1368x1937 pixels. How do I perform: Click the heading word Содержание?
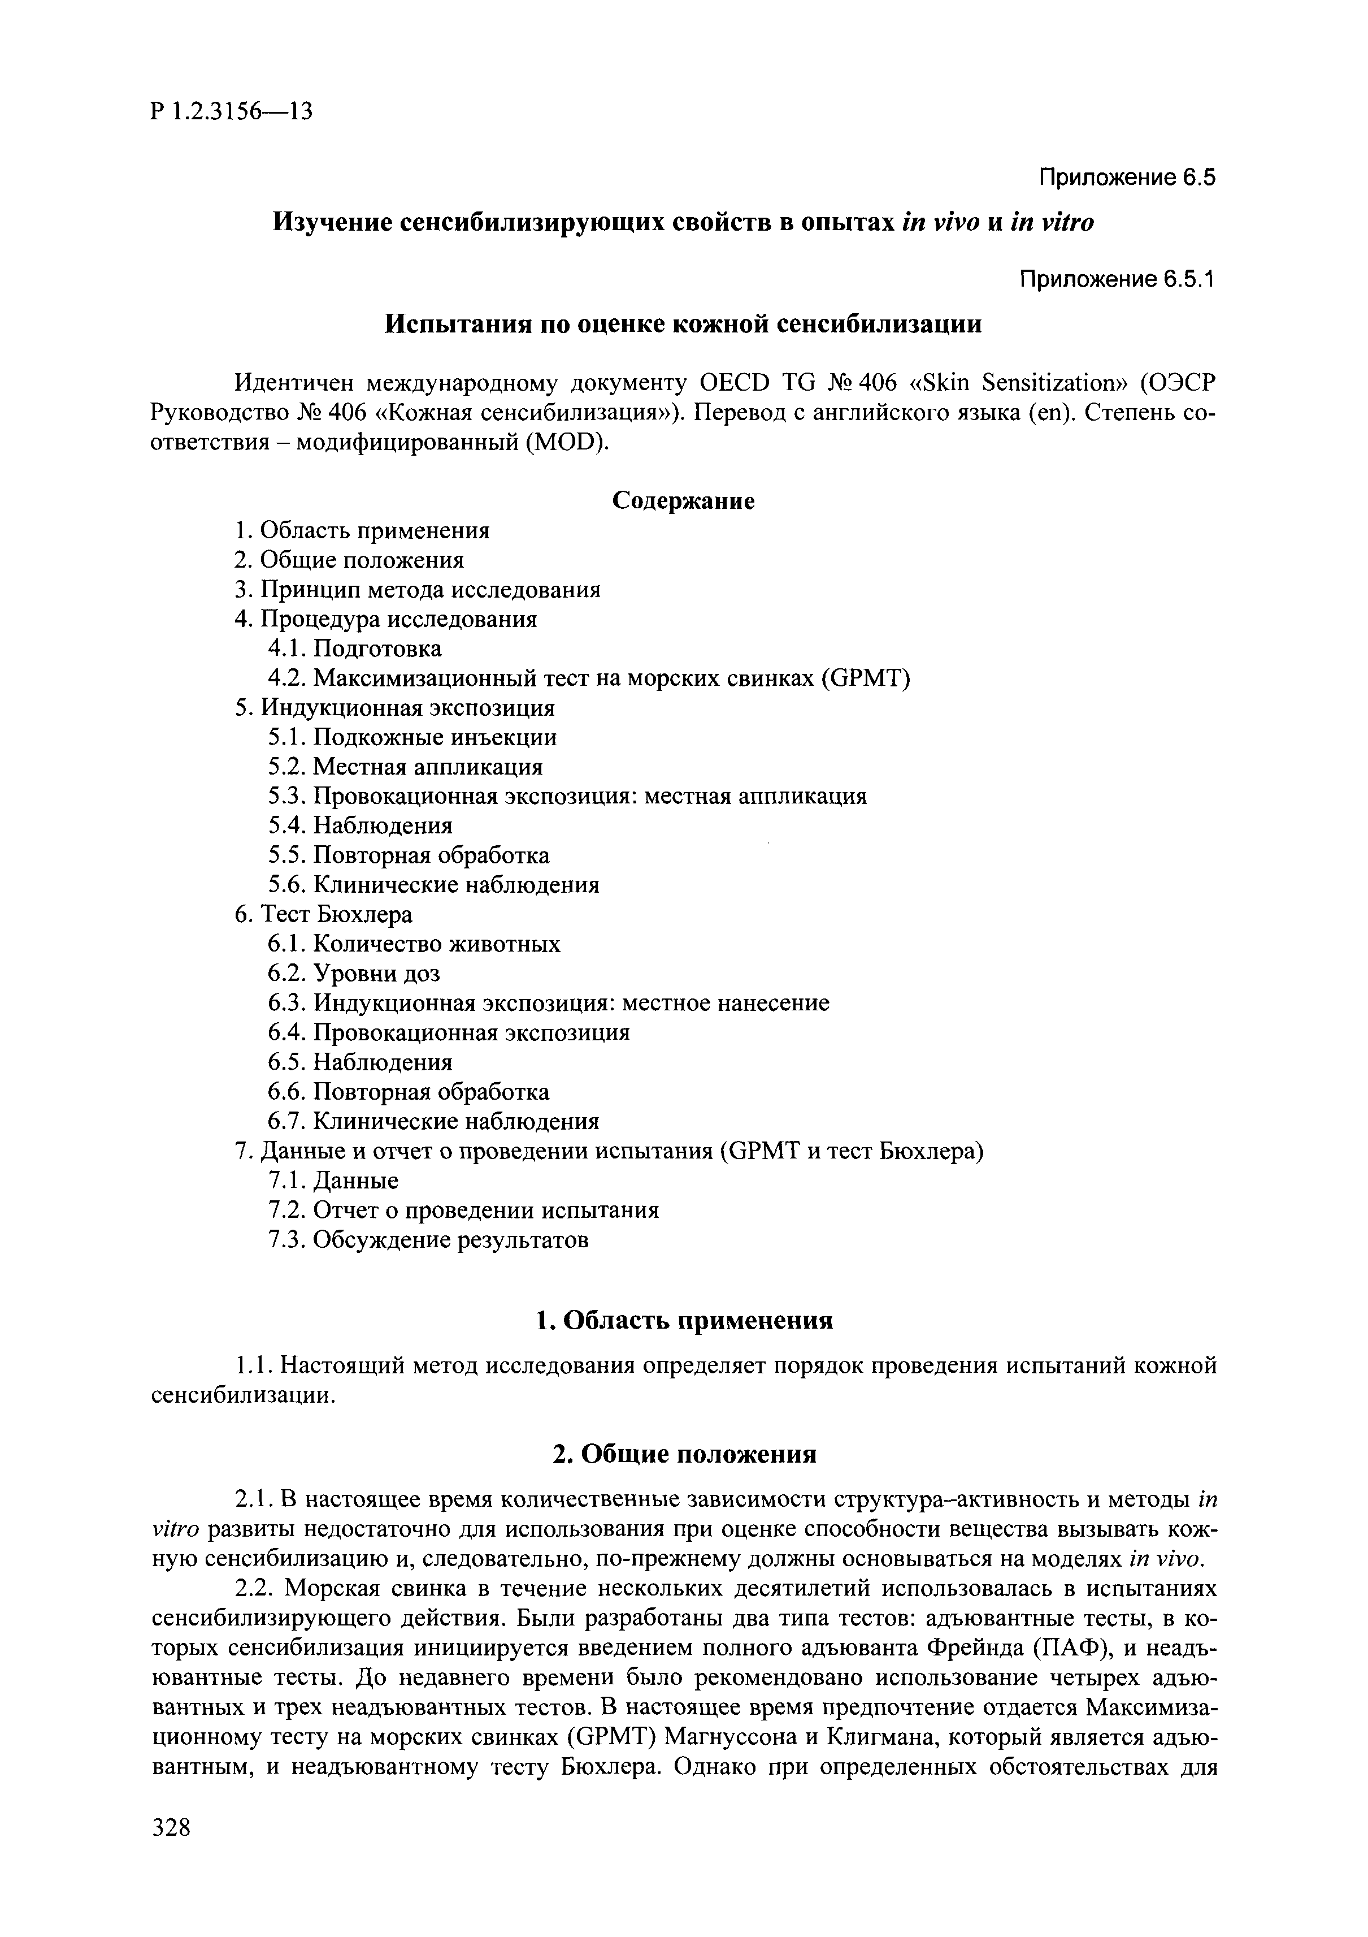coord(683,501)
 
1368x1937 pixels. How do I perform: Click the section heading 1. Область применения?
coord(684,1320)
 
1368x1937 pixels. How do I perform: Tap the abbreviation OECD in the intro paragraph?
coord(735,384)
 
